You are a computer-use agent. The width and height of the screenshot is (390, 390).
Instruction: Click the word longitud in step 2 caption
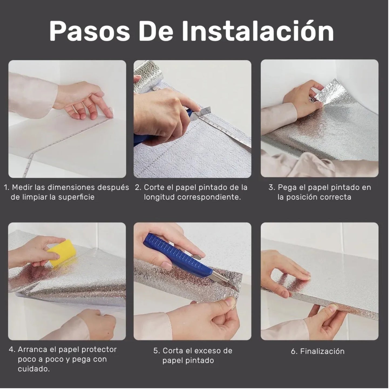pyautogui.click(x=159, y=197)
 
